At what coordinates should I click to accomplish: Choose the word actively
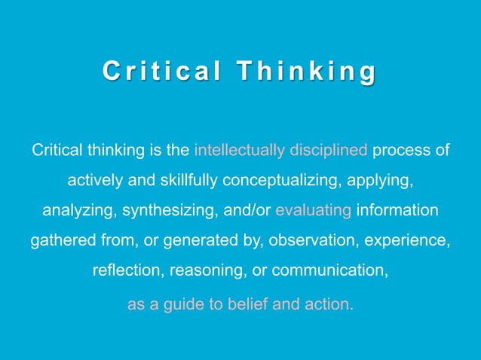point(93,181)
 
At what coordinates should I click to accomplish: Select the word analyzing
point(75,211)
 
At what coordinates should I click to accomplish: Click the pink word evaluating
point(314,211)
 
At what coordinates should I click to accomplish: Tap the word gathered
point(60,242)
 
